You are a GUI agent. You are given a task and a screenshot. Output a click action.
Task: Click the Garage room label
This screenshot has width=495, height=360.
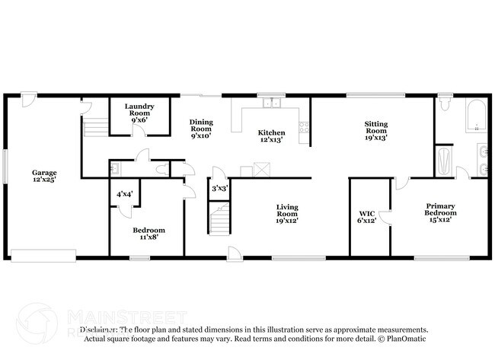tap(44, 177)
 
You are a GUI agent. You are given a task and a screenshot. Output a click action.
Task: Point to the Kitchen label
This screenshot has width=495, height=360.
tap(272, 136)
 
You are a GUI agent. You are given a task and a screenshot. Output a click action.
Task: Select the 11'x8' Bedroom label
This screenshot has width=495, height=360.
tap(149, 234)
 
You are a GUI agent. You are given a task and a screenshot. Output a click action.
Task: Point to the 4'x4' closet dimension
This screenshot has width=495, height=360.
tap(124, 194)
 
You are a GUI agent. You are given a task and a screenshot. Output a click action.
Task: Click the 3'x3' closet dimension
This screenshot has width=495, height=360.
tap(219, 188)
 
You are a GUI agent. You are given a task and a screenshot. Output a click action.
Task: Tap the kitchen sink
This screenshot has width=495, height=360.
tap(270, 104)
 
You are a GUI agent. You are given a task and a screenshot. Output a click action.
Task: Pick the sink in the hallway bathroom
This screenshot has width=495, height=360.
tap(113, 169)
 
